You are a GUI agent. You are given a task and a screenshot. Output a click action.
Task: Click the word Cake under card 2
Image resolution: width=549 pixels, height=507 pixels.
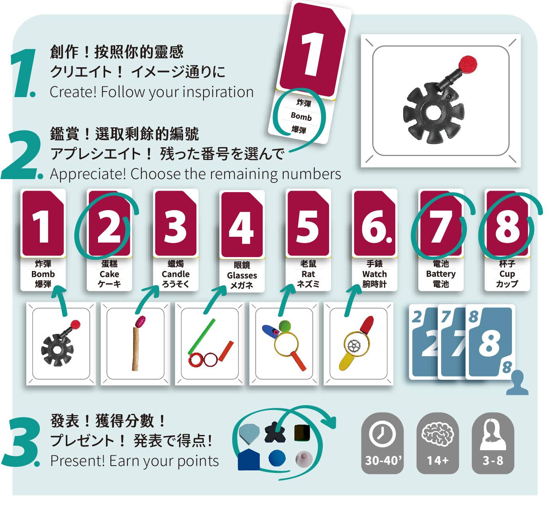click(x=109, y=274)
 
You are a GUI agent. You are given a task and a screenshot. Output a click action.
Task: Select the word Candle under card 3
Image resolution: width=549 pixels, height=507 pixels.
click(x=176, y=274)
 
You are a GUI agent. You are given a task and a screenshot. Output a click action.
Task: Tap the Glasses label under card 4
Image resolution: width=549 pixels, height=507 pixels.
click(x=242, y=275)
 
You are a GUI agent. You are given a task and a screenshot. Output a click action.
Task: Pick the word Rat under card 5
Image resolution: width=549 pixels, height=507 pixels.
click(x=308, y=274)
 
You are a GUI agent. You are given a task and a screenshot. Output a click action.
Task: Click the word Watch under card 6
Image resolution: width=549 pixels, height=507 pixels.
click(x=374, y=274)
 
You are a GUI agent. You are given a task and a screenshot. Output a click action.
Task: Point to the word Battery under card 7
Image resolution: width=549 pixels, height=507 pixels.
click(x=441, y=274)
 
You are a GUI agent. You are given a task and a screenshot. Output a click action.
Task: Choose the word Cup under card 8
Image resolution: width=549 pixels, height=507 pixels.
click(x=507, y=274)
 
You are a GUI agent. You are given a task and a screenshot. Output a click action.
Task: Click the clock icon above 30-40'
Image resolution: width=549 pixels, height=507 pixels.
click(x=382, y=434)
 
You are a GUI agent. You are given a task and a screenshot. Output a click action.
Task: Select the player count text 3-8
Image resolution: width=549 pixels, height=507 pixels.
click(x=492, y=460)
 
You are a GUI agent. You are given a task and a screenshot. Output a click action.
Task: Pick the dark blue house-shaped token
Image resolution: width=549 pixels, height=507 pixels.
click(x=249, y=460)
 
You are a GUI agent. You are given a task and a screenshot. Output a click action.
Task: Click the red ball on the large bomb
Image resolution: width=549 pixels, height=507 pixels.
click(x=468, y=63)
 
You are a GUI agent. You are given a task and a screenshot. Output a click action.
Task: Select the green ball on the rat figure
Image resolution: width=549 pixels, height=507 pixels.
click(x=285, y=326)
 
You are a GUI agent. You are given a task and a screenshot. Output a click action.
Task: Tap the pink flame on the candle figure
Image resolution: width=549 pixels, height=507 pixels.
click(x=140, y=321)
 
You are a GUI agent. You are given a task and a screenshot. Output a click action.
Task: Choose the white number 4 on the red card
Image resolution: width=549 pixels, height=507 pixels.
click(x=241, y=229)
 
